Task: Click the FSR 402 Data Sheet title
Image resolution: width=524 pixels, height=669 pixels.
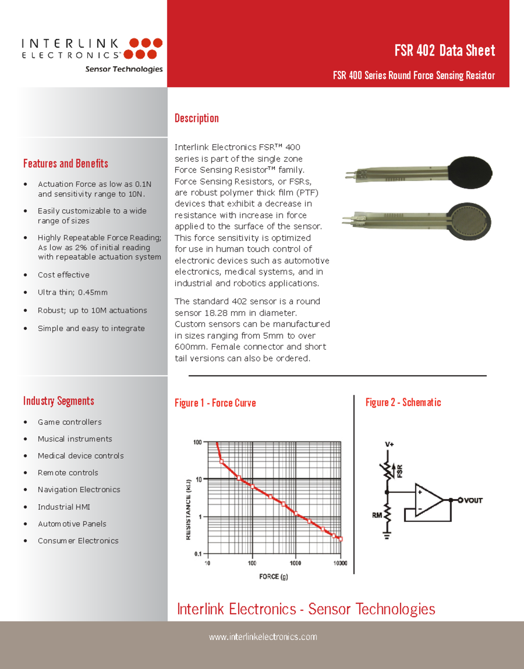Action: click(x=445, y=51)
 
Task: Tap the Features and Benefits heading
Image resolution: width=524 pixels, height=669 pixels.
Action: click(x=65, y=164)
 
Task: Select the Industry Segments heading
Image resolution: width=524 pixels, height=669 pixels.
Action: click(x=59, y=401)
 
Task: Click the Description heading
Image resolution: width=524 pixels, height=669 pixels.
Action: click(x=196, y=118)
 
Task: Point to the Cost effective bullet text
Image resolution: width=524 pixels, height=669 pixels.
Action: click(x=64, y=275)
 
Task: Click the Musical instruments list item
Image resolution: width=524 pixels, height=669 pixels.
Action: click(x=75, y=439)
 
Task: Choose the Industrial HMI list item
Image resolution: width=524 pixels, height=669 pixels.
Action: click(x=64, y=507)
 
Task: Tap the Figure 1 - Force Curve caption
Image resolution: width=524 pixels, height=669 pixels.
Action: click(x=215, y=403)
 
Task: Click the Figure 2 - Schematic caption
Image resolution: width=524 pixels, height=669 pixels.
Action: click(x=403, y=402)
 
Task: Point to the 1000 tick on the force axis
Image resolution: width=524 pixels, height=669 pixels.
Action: click(x=296, y=563)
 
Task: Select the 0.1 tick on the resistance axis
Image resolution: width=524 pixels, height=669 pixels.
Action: click(x=198, y=554)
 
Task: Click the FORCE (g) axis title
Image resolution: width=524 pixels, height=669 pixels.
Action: click(x=273, y=577)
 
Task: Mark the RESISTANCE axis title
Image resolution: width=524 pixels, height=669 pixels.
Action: click(x=189, y=509)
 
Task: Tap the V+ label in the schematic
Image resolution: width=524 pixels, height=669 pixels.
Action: click(x=389, y=444)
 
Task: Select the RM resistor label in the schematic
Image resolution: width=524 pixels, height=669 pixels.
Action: click(x=377, y=515)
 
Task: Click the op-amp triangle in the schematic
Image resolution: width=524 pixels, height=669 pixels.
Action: click(x=428, y=500)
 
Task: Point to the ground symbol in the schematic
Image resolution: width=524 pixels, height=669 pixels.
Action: click(x=387, y=535)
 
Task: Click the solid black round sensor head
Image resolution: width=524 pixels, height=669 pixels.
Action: click(x=470, y=173)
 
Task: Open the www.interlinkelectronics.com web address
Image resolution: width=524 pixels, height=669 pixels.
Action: click(x=263, y=637)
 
